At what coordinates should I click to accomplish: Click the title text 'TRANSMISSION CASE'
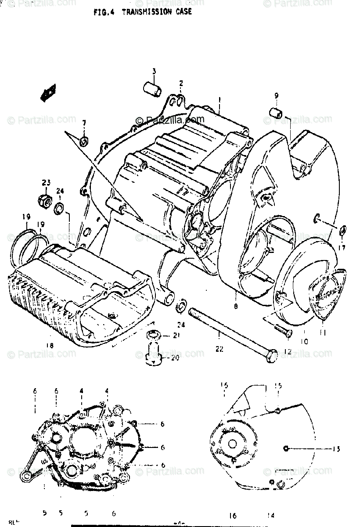[156, 12]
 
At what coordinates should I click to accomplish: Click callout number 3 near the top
[154, 71]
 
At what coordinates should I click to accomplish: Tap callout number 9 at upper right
[276, 95]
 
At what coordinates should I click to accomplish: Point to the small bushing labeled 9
[274, 112]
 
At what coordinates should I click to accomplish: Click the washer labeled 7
[84, 141]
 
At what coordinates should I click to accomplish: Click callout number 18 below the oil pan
[49, 346]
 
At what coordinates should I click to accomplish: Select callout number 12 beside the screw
[288, 351]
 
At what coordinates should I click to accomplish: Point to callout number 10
[305, 341]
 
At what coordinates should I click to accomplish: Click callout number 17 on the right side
[342, 247]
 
